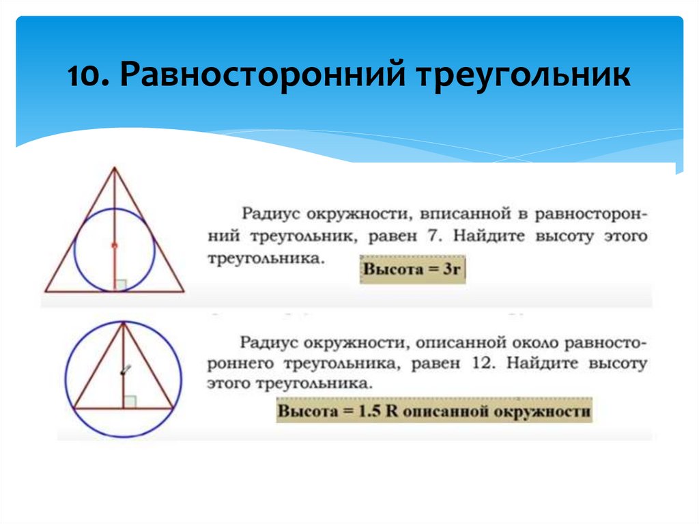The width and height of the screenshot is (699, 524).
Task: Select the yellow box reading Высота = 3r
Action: (413, 269)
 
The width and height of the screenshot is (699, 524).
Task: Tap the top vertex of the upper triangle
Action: (114, 167)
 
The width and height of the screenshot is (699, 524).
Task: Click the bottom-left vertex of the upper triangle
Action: (44, 292)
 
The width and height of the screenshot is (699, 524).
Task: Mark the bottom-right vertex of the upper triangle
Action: (184, 292)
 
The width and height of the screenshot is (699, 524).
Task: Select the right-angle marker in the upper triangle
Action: (120, 286)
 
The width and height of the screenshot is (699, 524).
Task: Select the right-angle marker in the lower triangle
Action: (130, 402)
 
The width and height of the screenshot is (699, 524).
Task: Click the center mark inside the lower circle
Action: (124, 370)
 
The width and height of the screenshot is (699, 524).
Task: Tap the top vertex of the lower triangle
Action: (124, 323)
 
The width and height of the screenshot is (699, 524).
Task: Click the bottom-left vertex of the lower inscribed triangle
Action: (72, 408)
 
